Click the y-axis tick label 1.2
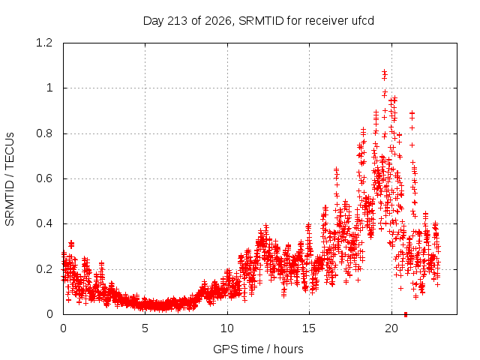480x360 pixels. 44,43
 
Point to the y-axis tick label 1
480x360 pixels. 49,88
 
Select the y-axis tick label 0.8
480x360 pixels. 44,133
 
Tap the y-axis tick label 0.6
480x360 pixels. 44,178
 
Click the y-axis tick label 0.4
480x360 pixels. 44,223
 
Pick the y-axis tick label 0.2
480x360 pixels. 44,269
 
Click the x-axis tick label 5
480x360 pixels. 145,328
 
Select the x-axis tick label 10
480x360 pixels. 227,328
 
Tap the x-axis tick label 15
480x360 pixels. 309,328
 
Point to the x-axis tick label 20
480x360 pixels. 391,328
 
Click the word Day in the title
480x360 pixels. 154,21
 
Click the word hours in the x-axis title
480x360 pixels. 288,349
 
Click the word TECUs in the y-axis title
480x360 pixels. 10,150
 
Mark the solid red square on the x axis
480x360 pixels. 406,314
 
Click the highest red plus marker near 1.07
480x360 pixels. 385,72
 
